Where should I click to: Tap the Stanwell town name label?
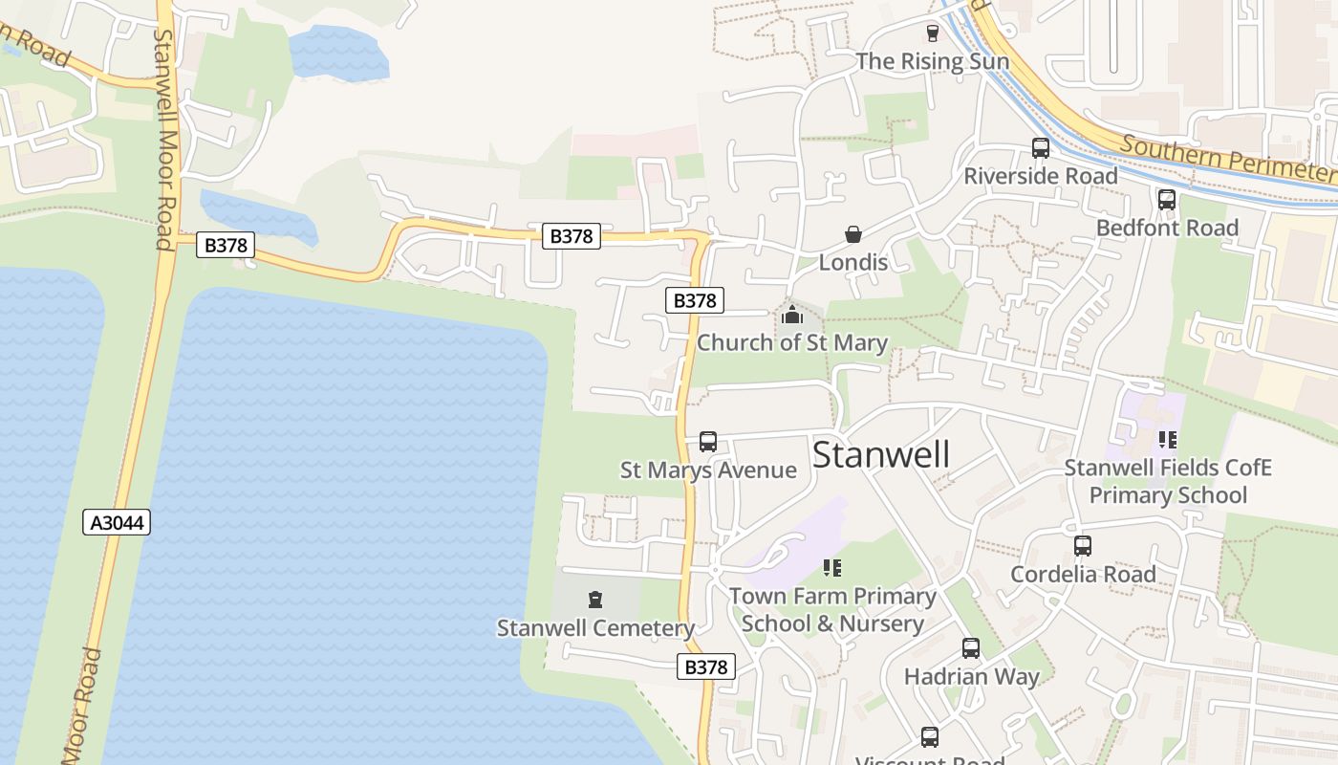coord(881,455)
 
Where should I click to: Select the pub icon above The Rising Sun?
coord(933,33)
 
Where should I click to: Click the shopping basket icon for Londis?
coord(852,234)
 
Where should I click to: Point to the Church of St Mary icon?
coord(792,314)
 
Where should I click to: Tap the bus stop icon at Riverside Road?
coord(1040,148)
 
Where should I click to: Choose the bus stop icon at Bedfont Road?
coord(1166,200)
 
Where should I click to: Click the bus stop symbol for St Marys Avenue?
coord(708,441)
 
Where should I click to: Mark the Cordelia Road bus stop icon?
coord(1082,546)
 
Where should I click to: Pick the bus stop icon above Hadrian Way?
coord(971,648)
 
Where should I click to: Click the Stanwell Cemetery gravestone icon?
coord(595,600)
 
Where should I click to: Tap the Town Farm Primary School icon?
coord(832,568)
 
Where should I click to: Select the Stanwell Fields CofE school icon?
coord(1167,439)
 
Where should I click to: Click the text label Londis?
coord(853,262)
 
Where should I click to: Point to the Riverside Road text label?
coord(1040,177)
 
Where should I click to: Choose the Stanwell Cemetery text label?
coord(595,628)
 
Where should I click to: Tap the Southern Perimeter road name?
coord(1229,159)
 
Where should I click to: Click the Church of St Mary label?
coord(792,342)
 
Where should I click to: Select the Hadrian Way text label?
coord(971,677)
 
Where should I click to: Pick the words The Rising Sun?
coord(932,61)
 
